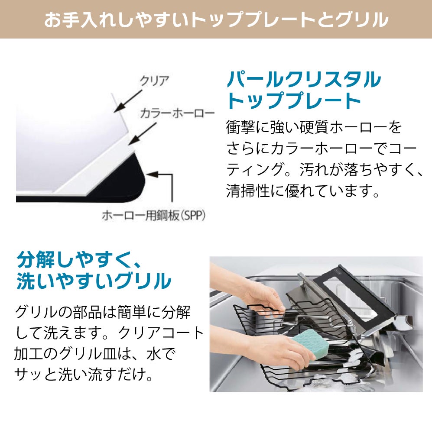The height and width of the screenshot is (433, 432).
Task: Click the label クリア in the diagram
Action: point(154,81)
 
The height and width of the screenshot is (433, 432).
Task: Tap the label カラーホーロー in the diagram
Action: point(177,113)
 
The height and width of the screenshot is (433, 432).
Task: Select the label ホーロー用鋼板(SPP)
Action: point(154,215)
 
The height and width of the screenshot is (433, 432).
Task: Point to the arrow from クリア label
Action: point(128,101)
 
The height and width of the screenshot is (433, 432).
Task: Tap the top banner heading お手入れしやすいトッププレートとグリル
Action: point(216,19)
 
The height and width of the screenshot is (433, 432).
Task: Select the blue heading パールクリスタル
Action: point(304,80)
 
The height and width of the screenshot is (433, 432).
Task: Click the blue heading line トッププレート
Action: point(294,101)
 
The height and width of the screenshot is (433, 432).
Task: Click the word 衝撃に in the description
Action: point(245,128)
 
